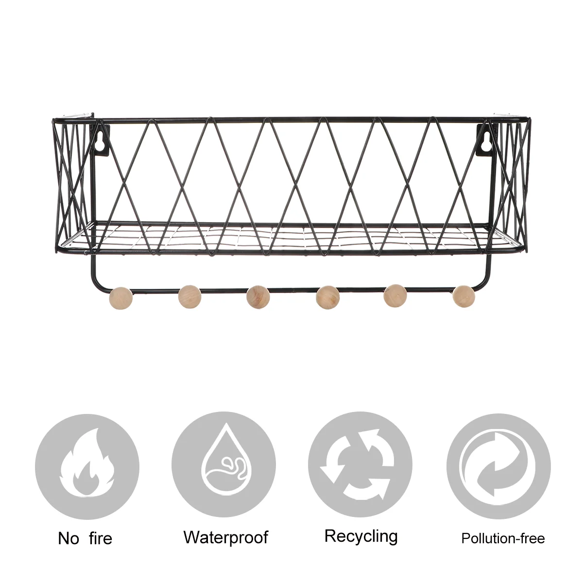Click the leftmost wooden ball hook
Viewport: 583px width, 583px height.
click(x=121, y=296)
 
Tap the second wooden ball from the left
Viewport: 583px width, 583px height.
click(x=189, y=296)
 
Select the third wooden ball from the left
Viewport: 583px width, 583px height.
click(x=257, y=297)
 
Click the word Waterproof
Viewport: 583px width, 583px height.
click(x=226, y=537)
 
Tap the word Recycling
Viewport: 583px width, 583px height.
click(x=361, y=536)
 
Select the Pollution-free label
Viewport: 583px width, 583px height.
click(x=503, y=538)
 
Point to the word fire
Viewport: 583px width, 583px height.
click(x=101, y=538)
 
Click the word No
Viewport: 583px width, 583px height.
click(x=69, y=538)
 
